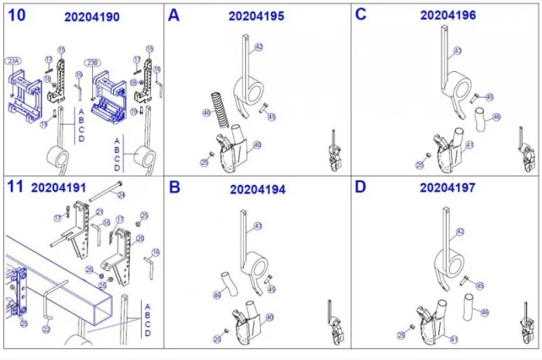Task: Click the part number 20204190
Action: [92, 17]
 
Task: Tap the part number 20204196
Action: [448, 15]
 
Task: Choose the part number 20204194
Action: [258, 189]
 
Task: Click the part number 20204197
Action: [448, 187]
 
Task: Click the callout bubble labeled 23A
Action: [13, 60]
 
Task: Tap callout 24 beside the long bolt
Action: [121, 195]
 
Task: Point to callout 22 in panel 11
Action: [46, 329]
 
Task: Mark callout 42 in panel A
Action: [259, 47]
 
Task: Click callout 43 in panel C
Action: [457, 51]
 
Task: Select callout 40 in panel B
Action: [268, 317]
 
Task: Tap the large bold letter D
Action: [360, 187]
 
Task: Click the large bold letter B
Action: [174, 187]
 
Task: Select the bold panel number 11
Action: [15, 187]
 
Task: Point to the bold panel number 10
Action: [16, 15]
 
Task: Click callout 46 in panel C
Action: [496, 118]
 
